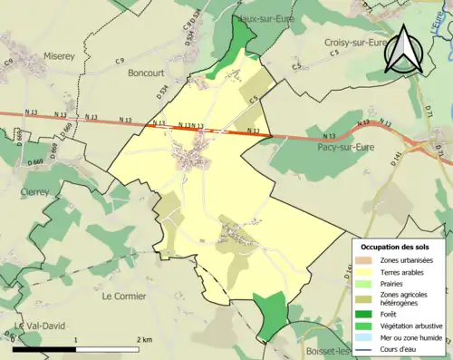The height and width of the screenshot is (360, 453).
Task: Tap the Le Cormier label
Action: (128, 296)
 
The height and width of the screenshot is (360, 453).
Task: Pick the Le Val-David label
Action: (32, 327)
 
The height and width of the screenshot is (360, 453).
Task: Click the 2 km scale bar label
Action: (144, 339)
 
